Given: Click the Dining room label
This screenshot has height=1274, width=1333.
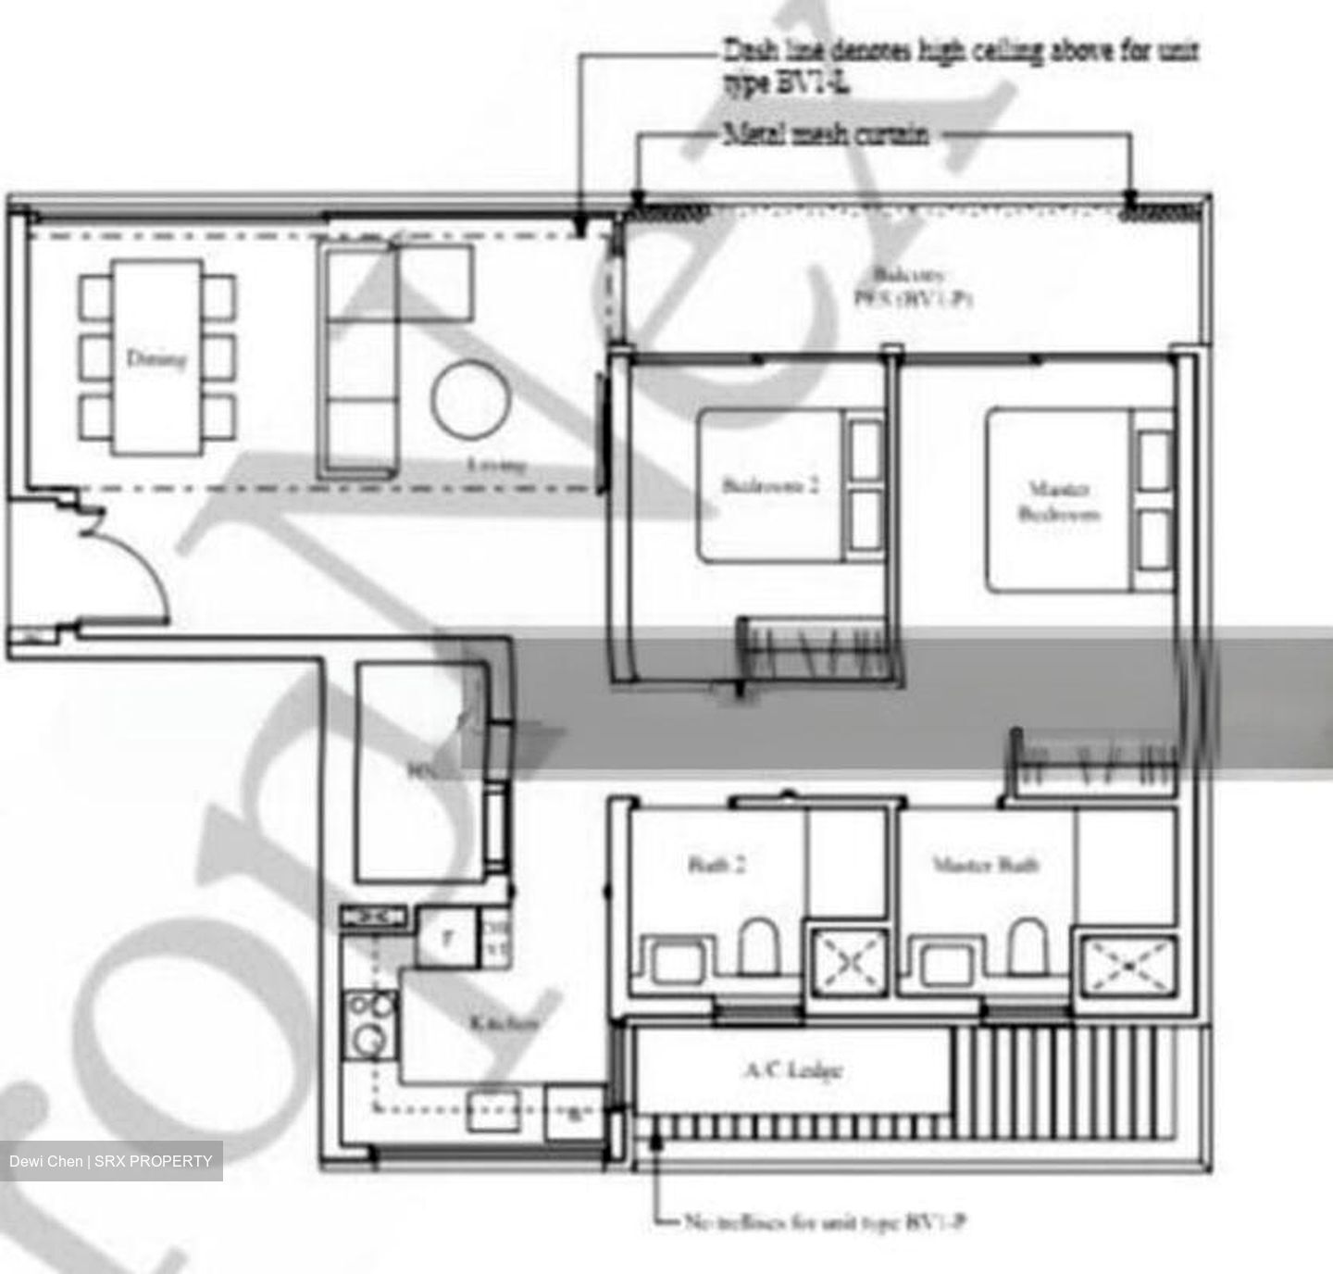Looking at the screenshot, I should pos(156,358).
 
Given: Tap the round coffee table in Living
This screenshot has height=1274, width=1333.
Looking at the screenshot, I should pos(470,401).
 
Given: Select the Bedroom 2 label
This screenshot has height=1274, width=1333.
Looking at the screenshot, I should pos(771,485).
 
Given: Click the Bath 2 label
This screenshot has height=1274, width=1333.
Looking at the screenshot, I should pos(717,866).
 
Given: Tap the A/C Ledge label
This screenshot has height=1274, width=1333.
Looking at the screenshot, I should pos(792,1070).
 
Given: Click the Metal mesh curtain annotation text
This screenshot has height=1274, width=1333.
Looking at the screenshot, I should pos(826,134).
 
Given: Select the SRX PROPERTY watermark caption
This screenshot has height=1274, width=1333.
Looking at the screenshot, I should pos(111,1161).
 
